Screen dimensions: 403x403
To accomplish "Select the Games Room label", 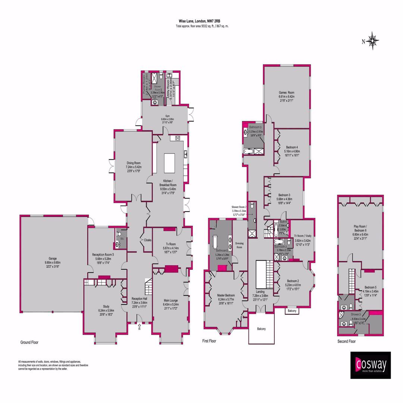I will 287,93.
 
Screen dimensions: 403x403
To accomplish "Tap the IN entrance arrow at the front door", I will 139,327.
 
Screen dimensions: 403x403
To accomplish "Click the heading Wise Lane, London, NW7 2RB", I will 202,22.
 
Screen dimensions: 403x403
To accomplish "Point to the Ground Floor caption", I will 29,342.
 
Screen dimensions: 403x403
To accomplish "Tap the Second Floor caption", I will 346,341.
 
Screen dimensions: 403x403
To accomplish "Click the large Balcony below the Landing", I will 261,329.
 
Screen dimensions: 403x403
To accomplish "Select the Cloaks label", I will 147,240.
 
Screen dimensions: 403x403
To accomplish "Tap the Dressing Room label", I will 239,245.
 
